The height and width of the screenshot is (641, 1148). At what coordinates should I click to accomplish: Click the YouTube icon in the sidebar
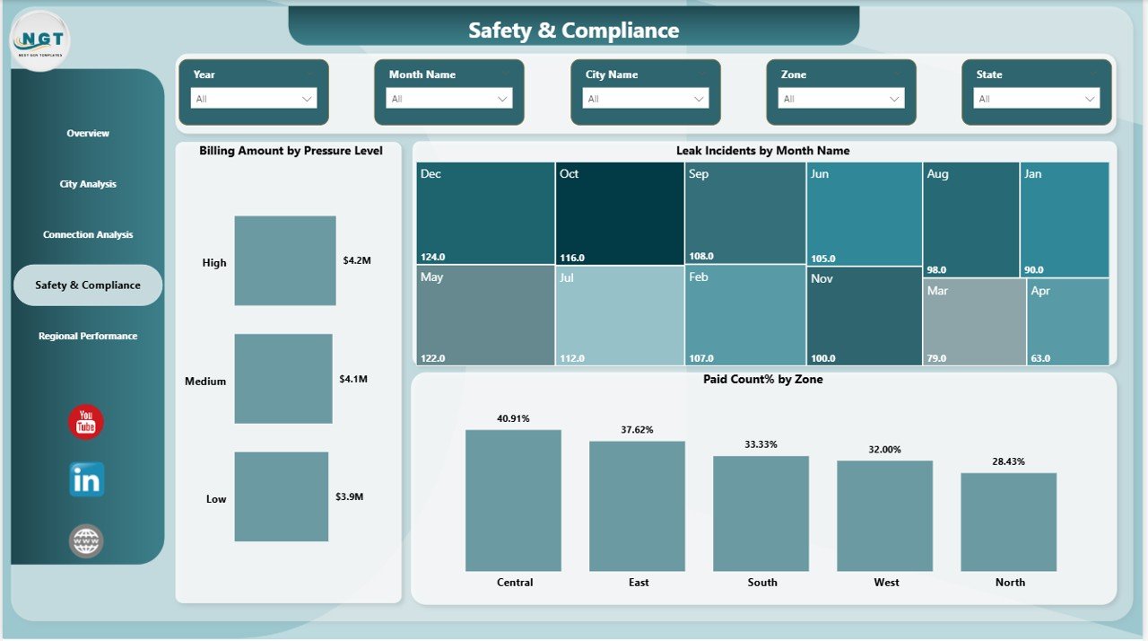(x=86, y=422)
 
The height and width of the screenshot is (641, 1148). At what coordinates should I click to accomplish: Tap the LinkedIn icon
(x=87, y=479)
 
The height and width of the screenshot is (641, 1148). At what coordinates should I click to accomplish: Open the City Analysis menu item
(x=88, y=184)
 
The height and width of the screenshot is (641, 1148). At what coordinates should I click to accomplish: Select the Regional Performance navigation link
(x=88, y=336)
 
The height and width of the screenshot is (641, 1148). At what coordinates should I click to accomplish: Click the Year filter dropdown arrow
(x=307, y=99)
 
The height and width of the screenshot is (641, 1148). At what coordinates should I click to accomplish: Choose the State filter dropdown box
(x=1037, y=99)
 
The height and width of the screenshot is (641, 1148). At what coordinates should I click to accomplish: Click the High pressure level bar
(x=285, y=260)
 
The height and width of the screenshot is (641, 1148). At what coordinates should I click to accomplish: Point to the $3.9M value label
(x=350, y=496)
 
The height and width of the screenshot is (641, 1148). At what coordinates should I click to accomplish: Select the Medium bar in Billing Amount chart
(x=283, y=379)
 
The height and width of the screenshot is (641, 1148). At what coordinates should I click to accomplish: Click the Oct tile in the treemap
(x=619, y=214)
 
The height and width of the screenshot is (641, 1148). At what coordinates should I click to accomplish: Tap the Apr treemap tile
(x=1067, y=321)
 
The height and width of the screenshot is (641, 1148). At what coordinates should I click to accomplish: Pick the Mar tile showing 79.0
(x=974, y=321)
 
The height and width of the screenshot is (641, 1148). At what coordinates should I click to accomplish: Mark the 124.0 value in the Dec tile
(x=433, y=257)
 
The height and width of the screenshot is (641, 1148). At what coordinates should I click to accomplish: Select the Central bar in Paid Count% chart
(x=513, y=500)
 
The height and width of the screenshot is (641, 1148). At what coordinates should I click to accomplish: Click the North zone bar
(x=1008, y=522)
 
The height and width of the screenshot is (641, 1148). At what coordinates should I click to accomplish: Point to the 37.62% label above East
(x=637, y=430)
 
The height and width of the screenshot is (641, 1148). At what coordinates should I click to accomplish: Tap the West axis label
(x=886, y=583)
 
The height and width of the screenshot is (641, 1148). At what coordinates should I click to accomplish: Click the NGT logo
(x=40, y=40)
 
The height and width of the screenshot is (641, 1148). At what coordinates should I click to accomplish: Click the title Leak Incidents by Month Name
(x=762, y=151)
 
